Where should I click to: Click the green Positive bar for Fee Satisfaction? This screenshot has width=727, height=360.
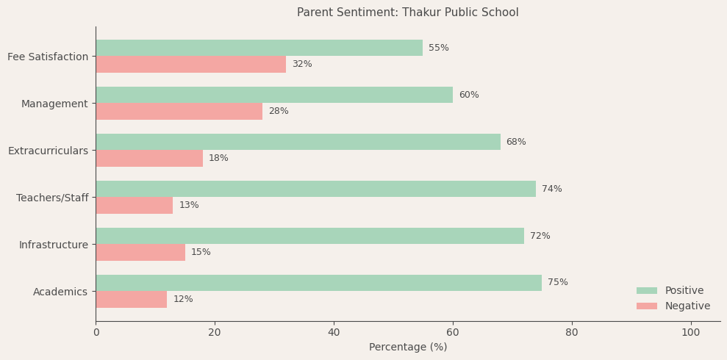259,48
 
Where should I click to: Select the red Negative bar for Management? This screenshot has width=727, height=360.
179,111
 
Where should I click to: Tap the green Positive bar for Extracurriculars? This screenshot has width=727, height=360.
298,142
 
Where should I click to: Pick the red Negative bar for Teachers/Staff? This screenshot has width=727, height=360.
134,205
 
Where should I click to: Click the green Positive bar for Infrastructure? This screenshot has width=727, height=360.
309,236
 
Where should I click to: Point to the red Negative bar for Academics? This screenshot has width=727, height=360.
131,299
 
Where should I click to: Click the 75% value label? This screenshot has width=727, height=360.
557,283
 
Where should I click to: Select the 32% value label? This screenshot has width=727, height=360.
301,65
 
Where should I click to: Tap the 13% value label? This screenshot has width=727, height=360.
189,206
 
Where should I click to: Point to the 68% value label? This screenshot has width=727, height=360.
516,143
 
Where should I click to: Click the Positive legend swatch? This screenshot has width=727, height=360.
647,291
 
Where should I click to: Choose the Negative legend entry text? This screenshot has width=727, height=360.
687,306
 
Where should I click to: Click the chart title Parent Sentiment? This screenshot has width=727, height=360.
407,12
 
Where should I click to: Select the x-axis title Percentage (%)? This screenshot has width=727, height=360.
407,348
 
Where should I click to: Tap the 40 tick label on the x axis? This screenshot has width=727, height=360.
334,333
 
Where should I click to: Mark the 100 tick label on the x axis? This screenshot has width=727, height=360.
690,333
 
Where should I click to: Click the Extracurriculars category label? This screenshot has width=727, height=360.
48,151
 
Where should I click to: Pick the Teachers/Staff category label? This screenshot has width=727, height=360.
52,198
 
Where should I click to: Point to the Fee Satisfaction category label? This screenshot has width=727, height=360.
48,57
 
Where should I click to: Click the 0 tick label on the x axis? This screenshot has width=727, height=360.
96,333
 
